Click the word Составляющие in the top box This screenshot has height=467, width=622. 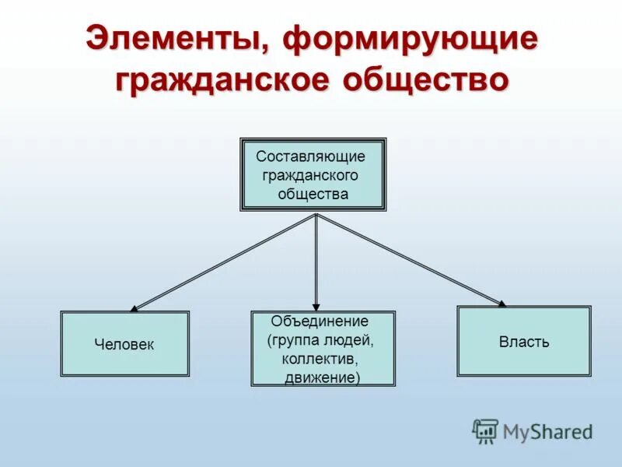tap(310, 156)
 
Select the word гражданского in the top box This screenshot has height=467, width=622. tap(310, 175)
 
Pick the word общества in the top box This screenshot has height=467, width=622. tap(313, 194)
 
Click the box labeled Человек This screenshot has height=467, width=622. tap(124, 344)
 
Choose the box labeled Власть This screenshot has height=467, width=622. tap(523, 342)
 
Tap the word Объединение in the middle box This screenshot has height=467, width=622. tap(319, 321)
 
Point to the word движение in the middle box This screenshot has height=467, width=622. tap(320, 377)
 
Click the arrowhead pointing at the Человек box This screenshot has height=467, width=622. tap(135, 308)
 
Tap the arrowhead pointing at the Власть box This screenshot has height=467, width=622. tap(501, 303)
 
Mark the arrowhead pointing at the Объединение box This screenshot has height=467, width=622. tap(316, 307)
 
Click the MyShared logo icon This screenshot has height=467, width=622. tap(485, 430)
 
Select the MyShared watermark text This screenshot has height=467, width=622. tap(547, 431)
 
